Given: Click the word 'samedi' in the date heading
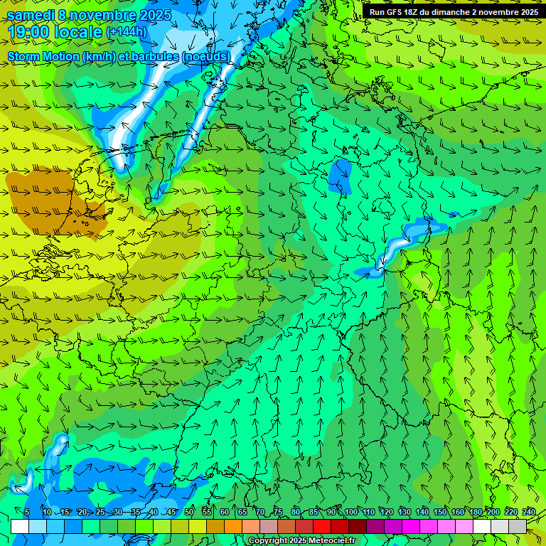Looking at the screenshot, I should click(31, 15).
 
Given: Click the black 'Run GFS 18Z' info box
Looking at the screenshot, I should click(453, 11).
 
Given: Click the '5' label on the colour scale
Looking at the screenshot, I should click(27, 512).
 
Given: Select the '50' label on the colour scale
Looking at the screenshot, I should click(188, 512).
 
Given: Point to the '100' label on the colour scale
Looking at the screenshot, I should click(350, 512).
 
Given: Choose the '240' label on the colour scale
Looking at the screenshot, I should click(528, 512).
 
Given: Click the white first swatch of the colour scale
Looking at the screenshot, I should click(20, 526).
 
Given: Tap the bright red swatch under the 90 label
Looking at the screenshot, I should click(322, 526).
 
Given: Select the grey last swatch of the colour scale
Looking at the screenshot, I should click(518, 526).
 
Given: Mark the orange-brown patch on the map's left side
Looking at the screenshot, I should click(43, 199).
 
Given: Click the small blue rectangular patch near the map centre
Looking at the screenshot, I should click(341, 175).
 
